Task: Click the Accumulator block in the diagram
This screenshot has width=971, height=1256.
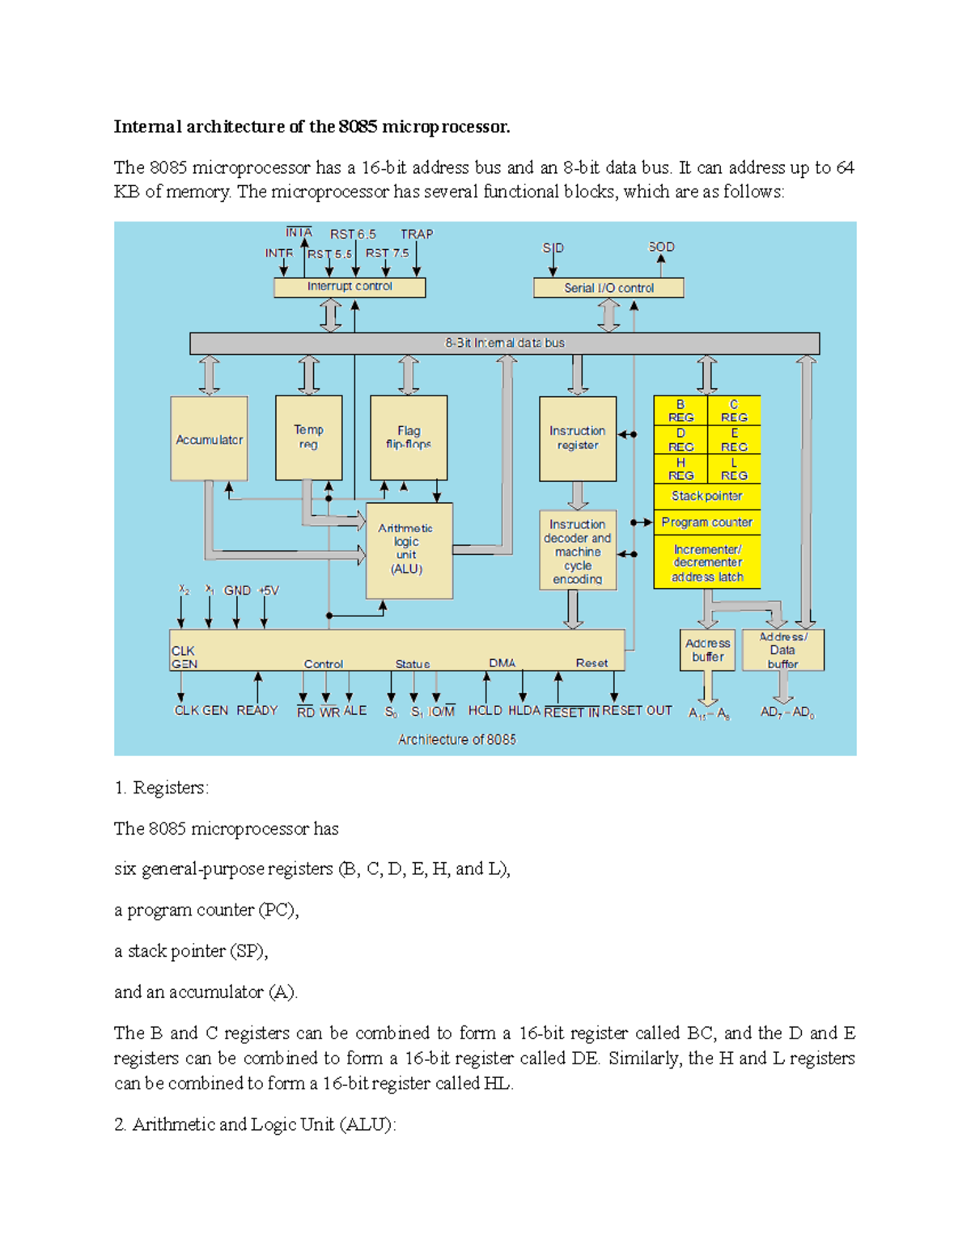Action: [x=209, y=438]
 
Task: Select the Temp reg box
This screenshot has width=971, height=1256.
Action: [x=308, y=438]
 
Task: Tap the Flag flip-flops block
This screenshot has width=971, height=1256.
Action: [x=409, y=438]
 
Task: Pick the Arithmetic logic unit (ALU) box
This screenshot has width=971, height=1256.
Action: [x=409, y=550]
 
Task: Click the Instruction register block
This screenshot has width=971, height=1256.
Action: [x=578, y=438]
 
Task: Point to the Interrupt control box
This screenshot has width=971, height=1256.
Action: [x=350, y=287]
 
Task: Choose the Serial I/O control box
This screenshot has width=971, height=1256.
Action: [x=608, y=288]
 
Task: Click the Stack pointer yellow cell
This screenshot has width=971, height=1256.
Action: [x=706, y=496]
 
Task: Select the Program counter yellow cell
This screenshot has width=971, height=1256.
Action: [x=706, y=522]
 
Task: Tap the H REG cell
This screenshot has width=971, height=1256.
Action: [x=681, y=469]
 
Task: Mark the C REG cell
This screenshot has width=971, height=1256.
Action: [x=734, y=411]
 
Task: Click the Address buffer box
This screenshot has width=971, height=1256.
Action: [x=707, y=650]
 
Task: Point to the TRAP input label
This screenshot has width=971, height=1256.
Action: [x=417, y=235]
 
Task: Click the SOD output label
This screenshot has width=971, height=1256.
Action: [x=661, y=247]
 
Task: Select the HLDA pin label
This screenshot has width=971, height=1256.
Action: [x=524, y=710]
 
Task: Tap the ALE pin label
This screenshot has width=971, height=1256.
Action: [x=355, y=710]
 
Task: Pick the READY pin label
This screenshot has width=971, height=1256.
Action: [x=257, y=710]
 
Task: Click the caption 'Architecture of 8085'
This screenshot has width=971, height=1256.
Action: [x=456, y=739]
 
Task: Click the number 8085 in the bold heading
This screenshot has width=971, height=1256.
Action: [x=358, y=126]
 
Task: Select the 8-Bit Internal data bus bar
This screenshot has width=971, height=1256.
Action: [x=504, y=343]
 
